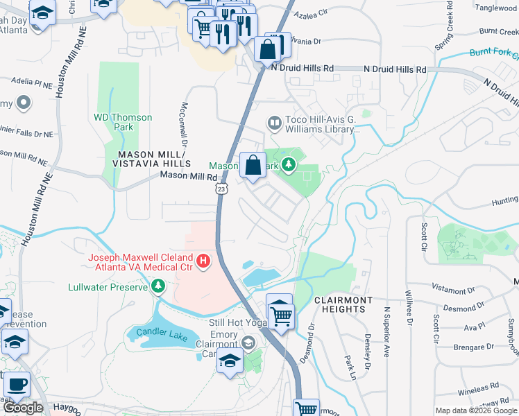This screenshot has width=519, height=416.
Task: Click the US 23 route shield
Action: point(221,189)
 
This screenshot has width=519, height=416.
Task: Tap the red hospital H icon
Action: point(203,261)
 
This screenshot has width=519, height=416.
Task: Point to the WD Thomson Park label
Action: point(123,123)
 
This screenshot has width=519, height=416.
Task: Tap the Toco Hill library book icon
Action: point(275,124)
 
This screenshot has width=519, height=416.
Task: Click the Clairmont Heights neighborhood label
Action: point(344,300)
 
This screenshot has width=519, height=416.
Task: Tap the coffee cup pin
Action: point(16,383)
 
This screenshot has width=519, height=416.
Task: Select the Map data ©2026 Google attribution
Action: point(476,410)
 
